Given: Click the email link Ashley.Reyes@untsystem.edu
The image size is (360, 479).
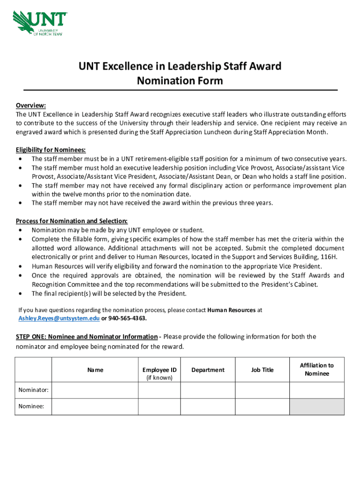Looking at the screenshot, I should (59, 319).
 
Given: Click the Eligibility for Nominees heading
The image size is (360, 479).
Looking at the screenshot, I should (51, 150).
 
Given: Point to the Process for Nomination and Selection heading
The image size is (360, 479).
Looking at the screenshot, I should (72, 221).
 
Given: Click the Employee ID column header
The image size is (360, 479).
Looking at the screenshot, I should (159, 370).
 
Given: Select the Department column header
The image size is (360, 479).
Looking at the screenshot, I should (208, 370).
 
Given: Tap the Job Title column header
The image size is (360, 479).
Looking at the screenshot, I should (262, 370).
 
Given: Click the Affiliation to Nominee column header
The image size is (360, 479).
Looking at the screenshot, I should (317, 370).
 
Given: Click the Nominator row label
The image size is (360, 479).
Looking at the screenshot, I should (33, 390).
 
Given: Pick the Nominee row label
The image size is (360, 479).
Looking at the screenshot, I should (31, 406).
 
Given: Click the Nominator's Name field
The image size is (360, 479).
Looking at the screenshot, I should (95, 390).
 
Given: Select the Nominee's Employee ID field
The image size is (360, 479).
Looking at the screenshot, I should (159, 406).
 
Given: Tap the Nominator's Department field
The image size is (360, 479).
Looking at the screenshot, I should (208, 390).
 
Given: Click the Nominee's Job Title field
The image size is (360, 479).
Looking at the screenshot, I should (262, 406).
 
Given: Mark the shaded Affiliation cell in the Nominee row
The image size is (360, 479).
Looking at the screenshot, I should (317, 406).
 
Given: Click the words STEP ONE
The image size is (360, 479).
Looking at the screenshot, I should (31, 337).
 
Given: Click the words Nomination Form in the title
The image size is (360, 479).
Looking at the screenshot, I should (180, 81).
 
